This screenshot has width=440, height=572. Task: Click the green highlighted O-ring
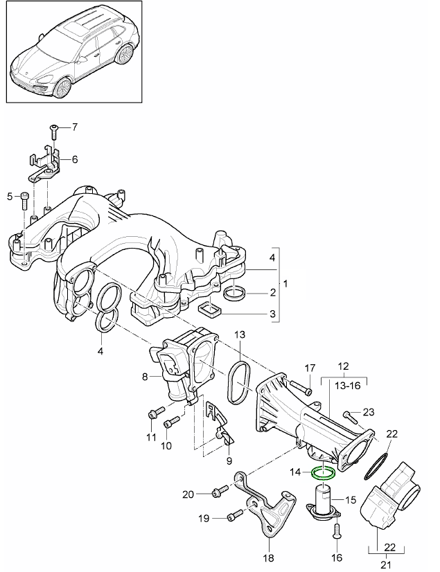click(x=324, y=474)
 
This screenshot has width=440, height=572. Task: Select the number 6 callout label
click(x=74, y=159)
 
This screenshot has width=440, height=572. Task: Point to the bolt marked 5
click(x=25, y=199)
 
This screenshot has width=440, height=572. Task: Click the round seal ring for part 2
click(x=235, y=293)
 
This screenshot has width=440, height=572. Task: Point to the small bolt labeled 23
click(x=349, y=417)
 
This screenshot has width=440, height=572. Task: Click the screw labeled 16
click(x=336, y=530)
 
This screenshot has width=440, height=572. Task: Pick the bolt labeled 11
click(x=152, y=415)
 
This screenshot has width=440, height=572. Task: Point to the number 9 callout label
click(x=229, y=461)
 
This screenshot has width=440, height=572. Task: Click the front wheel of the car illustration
click(x=62, y=88)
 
